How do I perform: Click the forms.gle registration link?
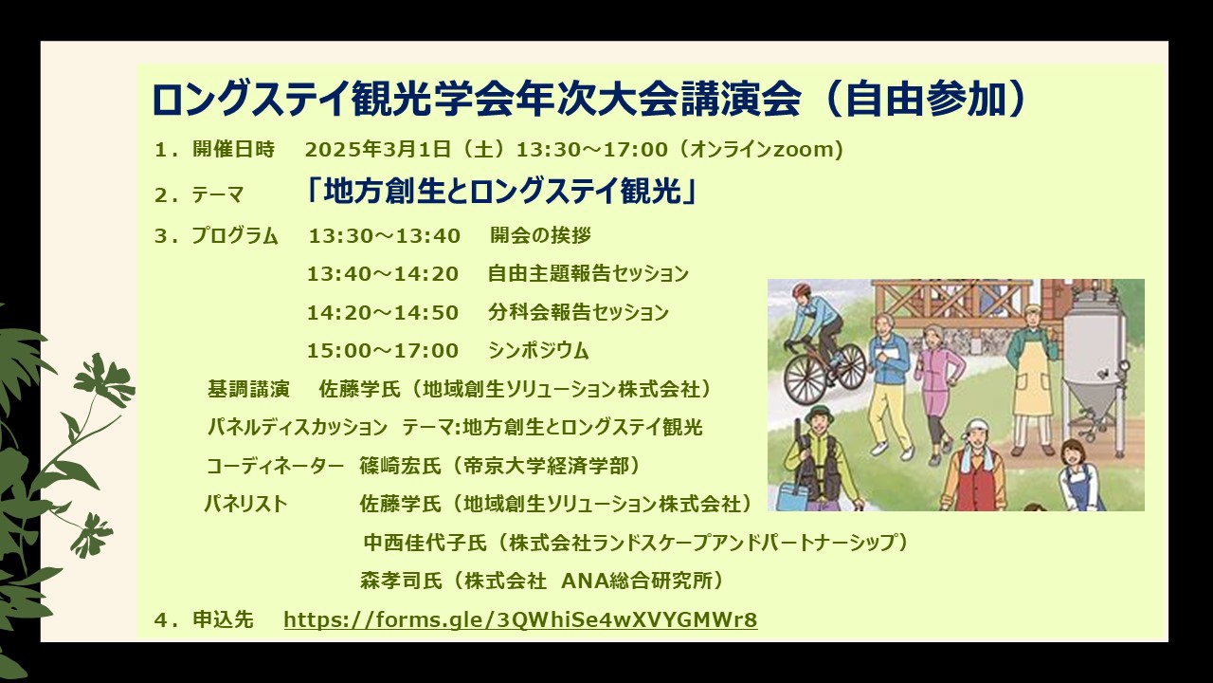(520, 619)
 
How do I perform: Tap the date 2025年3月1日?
(377, 149)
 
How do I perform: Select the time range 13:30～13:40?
(384, 236)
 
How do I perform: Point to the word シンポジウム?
(538, 351)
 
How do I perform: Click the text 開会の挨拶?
(540, 235)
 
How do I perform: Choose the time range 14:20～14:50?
(383, 313)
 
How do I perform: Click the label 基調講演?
(248, 389)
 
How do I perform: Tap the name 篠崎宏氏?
(400, 466)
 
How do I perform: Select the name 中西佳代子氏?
(425, 543)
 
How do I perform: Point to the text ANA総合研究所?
(636, 581)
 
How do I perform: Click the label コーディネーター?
(275, 466)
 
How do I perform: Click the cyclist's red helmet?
(801, 290)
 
